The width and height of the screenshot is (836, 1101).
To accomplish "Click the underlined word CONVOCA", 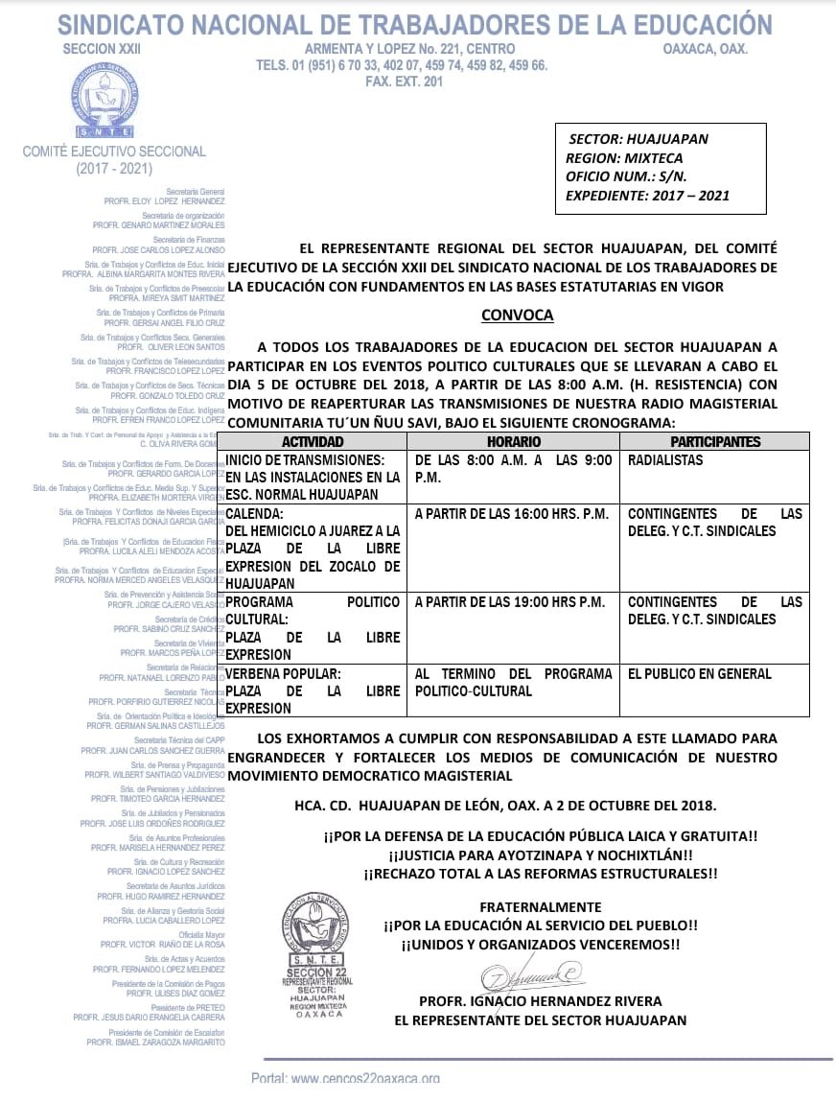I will click(517, 315).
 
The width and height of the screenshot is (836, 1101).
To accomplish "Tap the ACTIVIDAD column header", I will click(313, 442).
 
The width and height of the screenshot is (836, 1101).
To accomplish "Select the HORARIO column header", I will click(514, 442).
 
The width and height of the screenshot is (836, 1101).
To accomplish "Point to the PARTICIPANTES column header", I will click(714, 442).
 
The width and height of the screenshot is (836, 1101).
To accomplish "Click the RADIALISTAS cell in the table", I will click(665, 460).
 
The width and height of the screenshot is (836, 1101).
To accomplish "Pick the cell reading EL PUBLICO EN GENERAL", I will click(699, 674).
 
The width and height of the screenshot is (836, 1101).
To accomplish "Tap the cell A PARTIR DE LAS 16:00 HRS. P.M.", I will click(511, 514).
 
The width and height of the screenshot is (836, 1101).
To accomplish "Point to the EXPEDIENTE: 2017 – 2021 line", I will click(648, 195).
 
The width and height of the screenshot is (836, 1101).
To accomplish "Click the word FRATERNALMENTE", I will click(540, 906).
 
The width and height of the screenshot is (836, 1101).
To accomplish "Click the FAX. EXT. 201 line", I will click(404, 82).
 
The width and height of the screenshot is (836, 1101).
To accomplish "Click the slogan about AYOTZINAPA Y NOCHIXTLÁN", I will click(540, 855).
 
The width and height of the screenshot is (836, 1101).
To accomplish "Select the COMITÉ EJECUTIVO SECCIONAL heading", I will click(114, 151).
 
